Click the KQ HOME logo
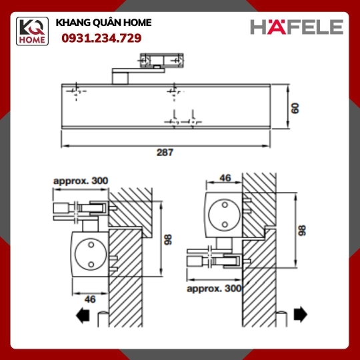coord(32,31)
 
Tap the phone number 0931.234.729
coord(101,38)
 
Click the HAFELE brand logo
coord(297,27)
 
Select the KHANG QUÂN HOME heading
coord(103,23)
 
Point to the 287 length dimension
coord(165,152)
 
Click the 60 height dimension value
coord(295,108)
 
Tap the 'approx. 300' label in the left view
coord(81,181)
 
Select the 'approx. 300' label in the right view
coord(214,289)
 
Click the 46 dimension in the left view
coord(90,299)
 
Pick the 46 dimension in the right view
coord(225,178)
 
